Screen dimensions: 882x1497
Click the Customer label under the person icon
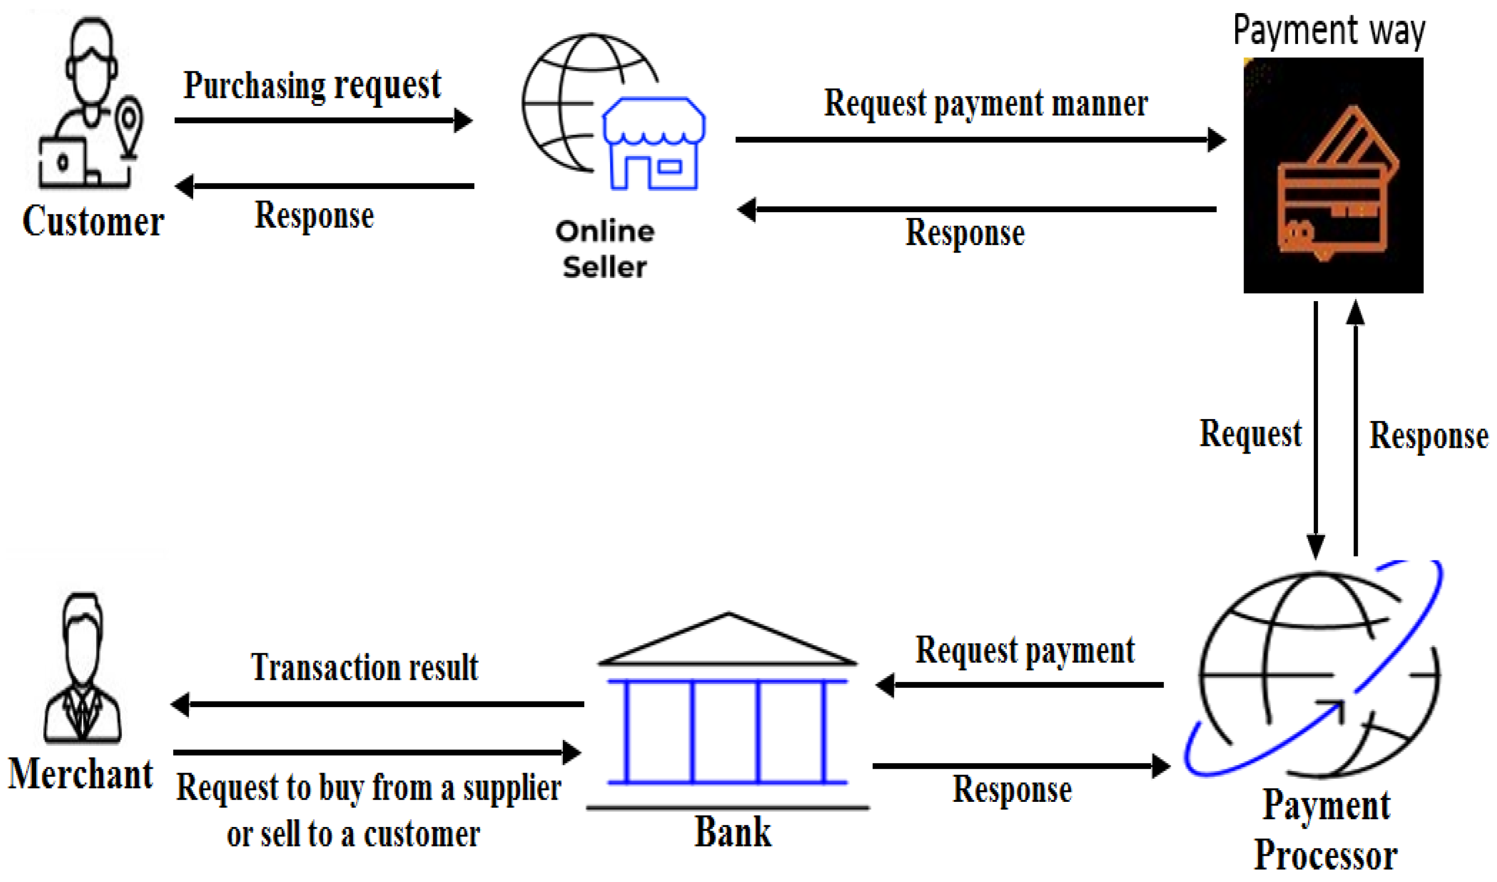click(93, 221)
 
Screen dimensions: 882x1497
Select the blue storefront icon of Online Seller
click(653, 145)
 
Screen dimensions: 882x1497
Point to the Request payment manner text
click(985, 104)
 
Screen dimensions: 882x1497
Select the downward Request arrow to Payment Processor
click(1315, 428)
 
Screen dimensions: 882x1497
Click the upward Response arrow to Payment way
click(1355, 428)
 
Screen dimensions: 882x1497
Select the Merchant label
click(81, 775)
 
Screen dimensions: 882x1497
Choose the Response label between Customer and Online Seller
click(314, 215)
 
